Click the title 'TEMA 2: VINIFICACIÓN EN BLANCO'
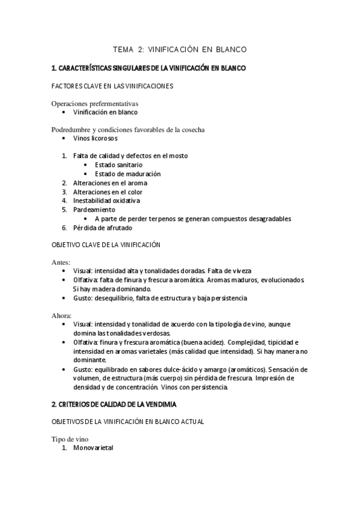pos(180,49)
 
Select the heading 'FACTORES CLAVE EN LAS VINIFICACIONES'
pos(113,86)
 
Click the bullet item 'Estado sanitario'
pos(118,165)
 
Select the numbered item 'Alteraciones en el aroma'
pos(110,183)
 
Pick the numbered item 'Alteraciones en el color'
pos(108,192)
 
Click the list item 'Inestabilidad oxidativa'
pos(106,201)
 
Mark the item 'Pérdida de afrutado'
pos(102,228)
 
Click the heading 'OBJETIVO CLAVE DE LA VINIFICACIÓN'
pos(107,245)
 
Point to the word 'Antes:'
pos(61,263)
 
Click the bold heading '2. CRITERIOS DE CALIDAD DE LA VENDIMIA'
pos(123,404)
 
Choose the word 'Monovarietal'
pos(93,449)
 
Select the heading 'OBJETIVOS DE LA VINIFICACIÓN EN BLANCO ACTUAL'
pos(128,422)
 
